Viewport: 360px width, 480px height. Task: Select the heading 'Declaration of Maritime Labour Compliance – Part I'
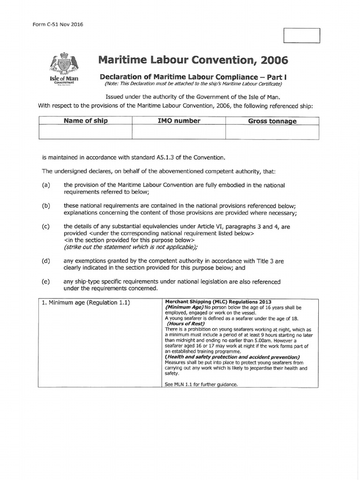193,76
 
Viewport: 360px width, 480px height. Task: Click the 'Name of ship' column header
86,121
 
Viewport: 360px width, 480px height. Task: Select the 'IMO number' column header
179,121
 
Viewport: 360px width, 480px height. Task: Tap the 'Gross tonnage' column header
272,121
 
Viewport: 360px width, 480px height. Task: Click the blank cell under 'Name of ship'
86,132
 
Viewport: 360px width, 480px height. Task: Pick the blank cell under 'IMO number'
179,132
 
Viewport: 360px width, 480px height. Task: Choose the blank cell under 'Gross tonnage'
272,132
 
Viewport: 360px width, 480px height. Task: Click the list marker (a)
46,185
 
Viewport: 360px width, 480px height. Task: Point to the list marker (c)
46,226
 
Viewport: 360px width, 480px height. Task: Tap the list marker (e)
46,282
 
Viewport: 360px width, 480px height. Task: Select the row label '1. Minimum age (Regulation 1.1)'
85,302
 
